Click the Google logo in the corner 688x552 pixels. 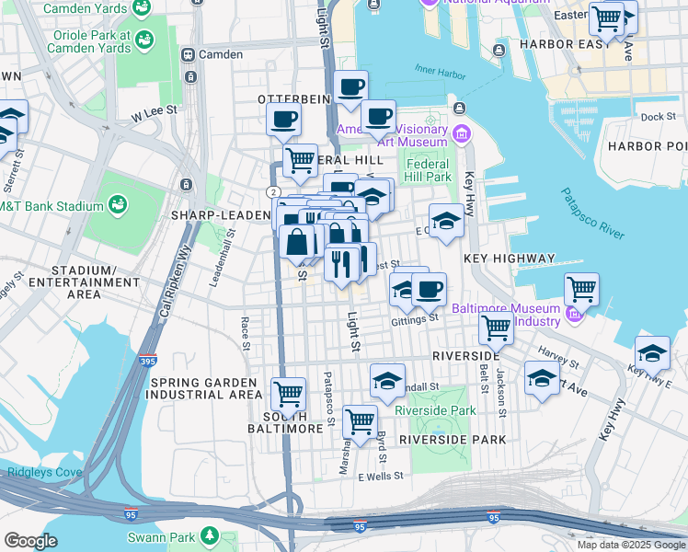click(x=30, y=541)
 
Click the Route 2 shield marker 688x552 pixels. click(x=273, y=190)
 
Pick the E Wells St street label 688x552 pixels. click(x=381, y=476)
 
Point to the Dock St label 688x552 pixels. click(x=658, y=117)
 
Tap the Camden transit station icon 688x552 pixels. click(x=189, y=54)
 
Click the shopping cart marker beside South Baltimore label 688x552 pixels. click(x=289, y=394)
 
